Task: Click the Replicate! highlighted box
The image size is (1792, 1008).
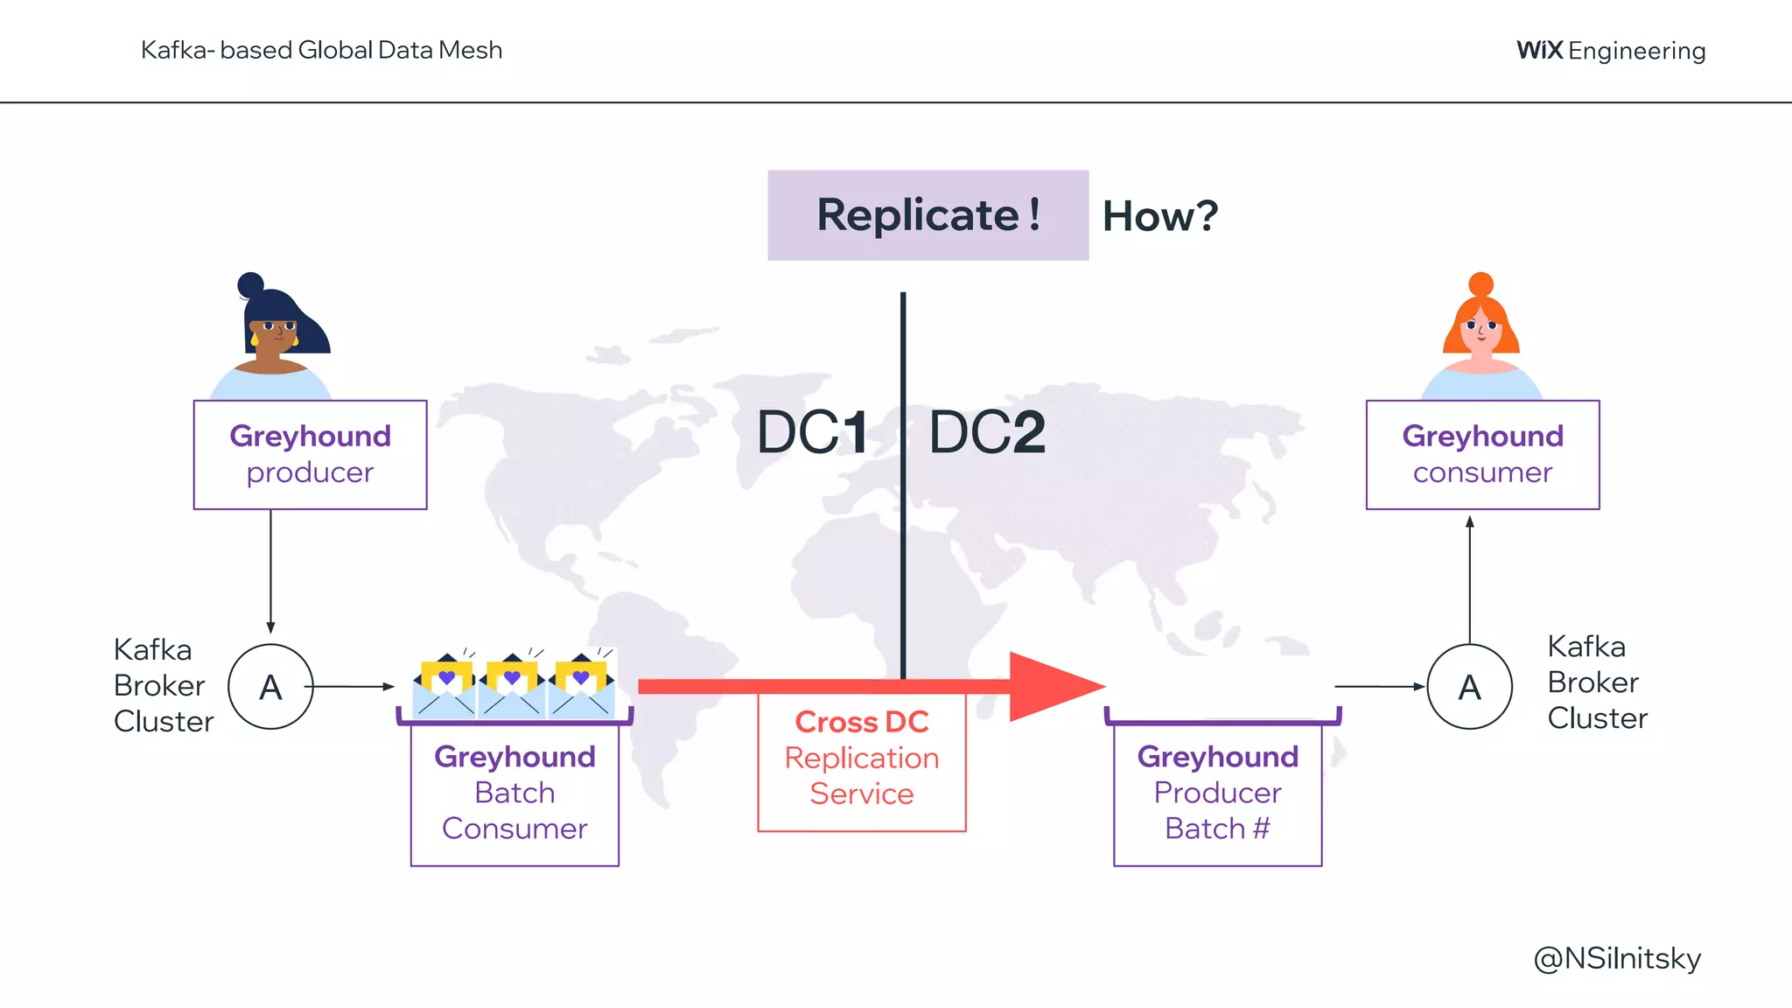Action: coord(927,215)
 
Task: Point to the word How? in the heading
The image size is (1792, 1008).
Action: coord(1159,216)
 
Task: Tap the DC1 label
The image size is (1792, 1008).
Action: coord(812,432)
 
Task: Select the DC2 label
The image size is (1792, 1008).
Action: coord(987,432)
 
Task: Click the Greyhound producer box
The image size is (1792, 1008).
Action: coord(310,455)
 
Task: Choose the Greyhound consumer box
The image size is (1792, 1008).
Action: coord(1482,455)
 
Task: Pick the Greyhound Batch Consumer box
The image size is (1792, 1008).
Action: coord(514,793)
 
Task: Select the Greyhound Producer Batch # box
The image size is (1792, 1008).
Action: coord(1217,793)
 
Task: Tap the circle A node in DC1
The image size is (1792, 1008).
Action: coord(270,687)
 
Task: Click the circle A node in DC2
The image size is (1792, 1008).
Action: coord(1469,687)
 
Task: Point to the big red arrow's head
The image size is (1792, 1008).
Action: coord(1054,687)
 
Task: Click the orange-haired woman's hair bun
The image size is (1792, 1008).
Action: coord(1480,283)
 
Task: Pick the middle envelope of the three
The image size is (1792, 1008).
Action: coord(512,688)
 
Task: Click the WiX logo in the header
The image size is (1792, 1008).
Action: coord(1539,50)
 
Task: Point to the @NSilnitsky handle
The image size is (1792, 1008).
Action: coord(1617,959)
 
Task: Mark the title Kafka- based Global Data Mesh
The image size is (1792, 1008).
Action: coord(321,50)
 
